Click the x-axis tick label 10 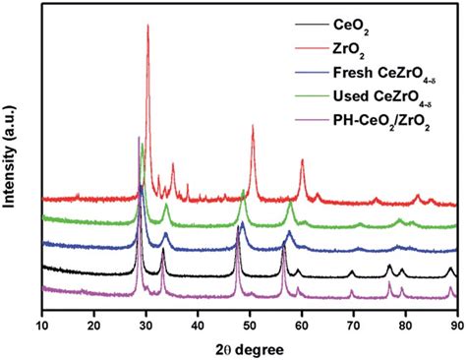click(42, 318)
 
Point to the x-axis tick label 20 click(94, 318)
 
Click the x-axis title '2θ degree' click(248, 341)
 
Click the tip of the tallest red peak click(147, 26)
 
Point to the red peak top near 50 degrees click(253, 126)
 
